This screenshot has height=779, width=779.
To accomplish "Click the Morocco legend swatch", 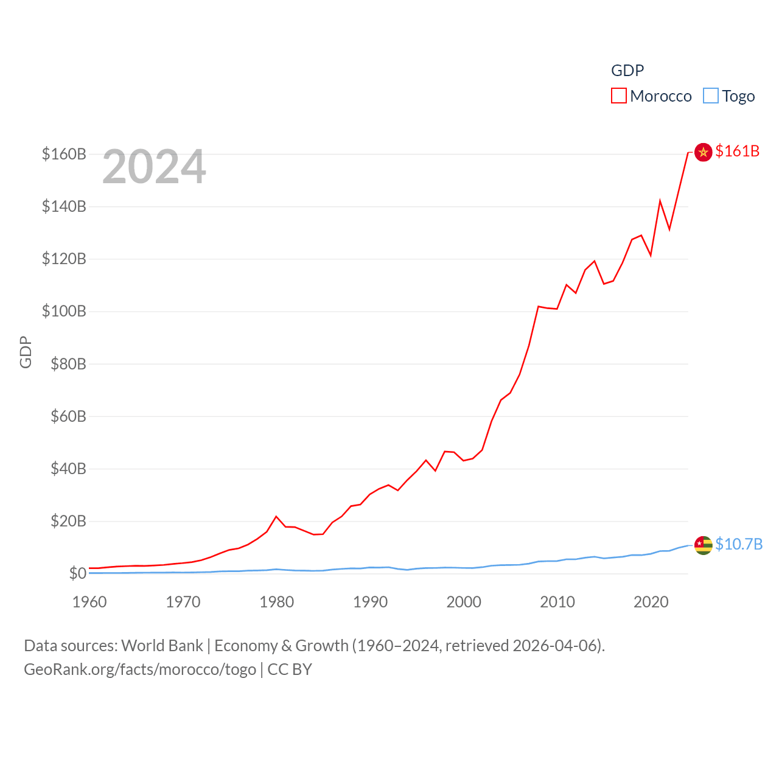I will click(x=619, y=96).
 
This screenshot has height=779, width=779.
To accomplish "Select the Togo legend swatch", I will click(x=710, y=96).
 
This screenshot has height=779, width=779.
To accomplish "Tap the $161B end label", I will click(x=737, y=151).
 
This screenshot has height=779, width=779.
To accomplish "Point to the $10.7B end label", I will click(x=739, y=544).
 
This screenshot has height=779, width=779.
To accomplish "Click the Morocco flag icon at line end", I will click(x=703, y=152).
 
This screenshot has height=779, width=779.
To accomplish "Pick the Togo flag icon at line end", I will click(x=703, y=545).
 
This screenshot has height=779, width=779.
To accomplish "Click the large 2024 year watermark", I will click(x=154, y=167).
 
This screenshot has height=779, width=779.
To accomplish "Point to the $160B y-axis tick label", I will click(x=64, y=154).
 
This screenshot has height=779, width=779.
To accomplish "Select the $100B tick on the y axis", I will click(x=64, y=312).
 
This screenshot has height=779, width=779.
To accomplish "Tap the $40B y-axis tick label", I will click(x=68, y=469).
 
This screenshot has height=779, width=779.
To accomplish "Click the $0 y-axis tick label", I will click(x=77, y=573).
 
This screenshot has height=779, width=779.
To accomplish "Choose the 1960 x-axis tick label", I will click(x=89, y=602).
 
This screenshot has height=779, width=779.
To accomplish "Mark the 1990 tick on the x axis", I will click(x=370, y=602).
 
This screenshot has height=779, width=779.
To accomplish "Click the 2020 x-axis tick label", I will click(x=651, y=602).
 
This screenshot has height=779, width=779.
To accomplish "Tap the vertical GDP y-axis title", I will click(x=26, y=352).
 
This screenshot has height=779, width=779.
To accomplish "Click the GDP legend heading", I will click(x=627, y=71).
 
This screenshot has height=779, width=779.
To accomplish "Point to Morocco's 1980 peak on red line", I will click(x=276, y=517).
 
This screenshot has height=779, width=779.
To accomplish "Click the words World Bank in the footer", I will click(x=162, y=646).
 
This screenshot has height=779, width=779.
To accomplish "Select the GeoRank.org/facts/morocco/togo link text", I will click(x=140, y=669).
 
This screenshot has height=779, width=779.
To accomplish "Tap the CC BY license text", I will click(x=290, y=669).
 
